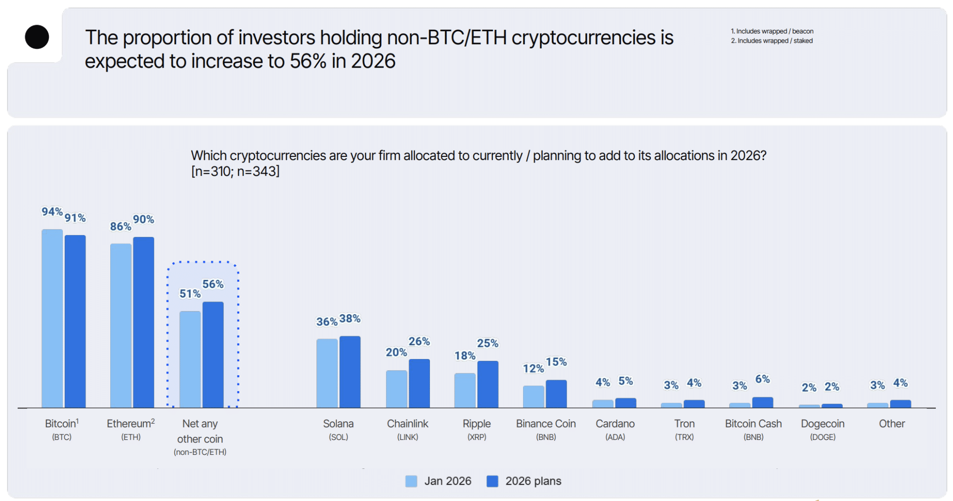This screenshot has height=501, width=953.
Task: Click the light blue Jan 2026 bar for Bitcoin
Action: pyautogui.click(x=52, y=318)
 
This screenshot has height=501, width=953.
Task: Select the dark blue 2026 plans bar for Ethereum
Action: pyautogui.click(x=143, y=322)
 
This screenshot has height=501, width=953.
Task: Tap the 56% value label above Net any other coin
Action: pyautogui.click(x=213, y=284)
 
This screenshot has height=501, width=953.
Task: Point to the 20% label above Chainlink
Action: pyautogui.click(x=396, y=352)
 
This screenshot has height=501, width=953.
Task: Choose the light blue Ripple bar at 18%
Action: pyautogui.click(x=464, y=390)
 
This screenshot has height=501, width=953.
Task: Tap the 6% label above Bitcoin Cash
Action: pyautogui.click(x=762, y=379)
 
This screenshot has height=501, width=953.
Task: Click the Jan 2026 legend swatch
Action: pyautogui.click(x=411, y=481)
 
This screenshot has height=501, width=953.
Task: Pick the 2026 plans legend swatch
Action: pyautogui.click(x=492, y=481)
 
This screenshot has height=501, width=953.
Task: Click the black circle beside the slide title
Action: pyautogui.click(x=37, y=37)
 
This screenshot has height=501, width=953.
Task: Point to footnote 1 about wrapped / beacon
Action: pyautogui.click(x=772, y=31)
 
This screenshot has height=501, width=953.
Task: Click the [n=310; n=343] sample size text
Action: pyautogui.click(x=235, y=171)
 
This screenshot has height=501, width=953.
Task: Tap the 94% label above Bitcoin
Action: pyautogui.click(x=52, y=212)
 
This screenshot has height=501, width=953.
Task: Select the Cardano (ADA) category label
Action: pyautogui.click(x=615, y=429)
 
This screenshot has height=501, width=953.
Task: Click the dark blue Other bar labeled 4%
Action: pyautogui.click(x=900, y=404)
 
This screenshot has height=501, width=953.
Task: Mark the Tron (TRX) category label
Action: pyautogui.click(x=684, y=429)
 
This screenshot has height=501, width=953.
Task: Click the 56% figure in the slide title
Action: pyautogui.click(x=308, y=61)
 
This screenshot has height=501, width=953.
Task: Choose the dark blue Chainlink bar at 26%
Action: pyautogui.click(x=419, y=383)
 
